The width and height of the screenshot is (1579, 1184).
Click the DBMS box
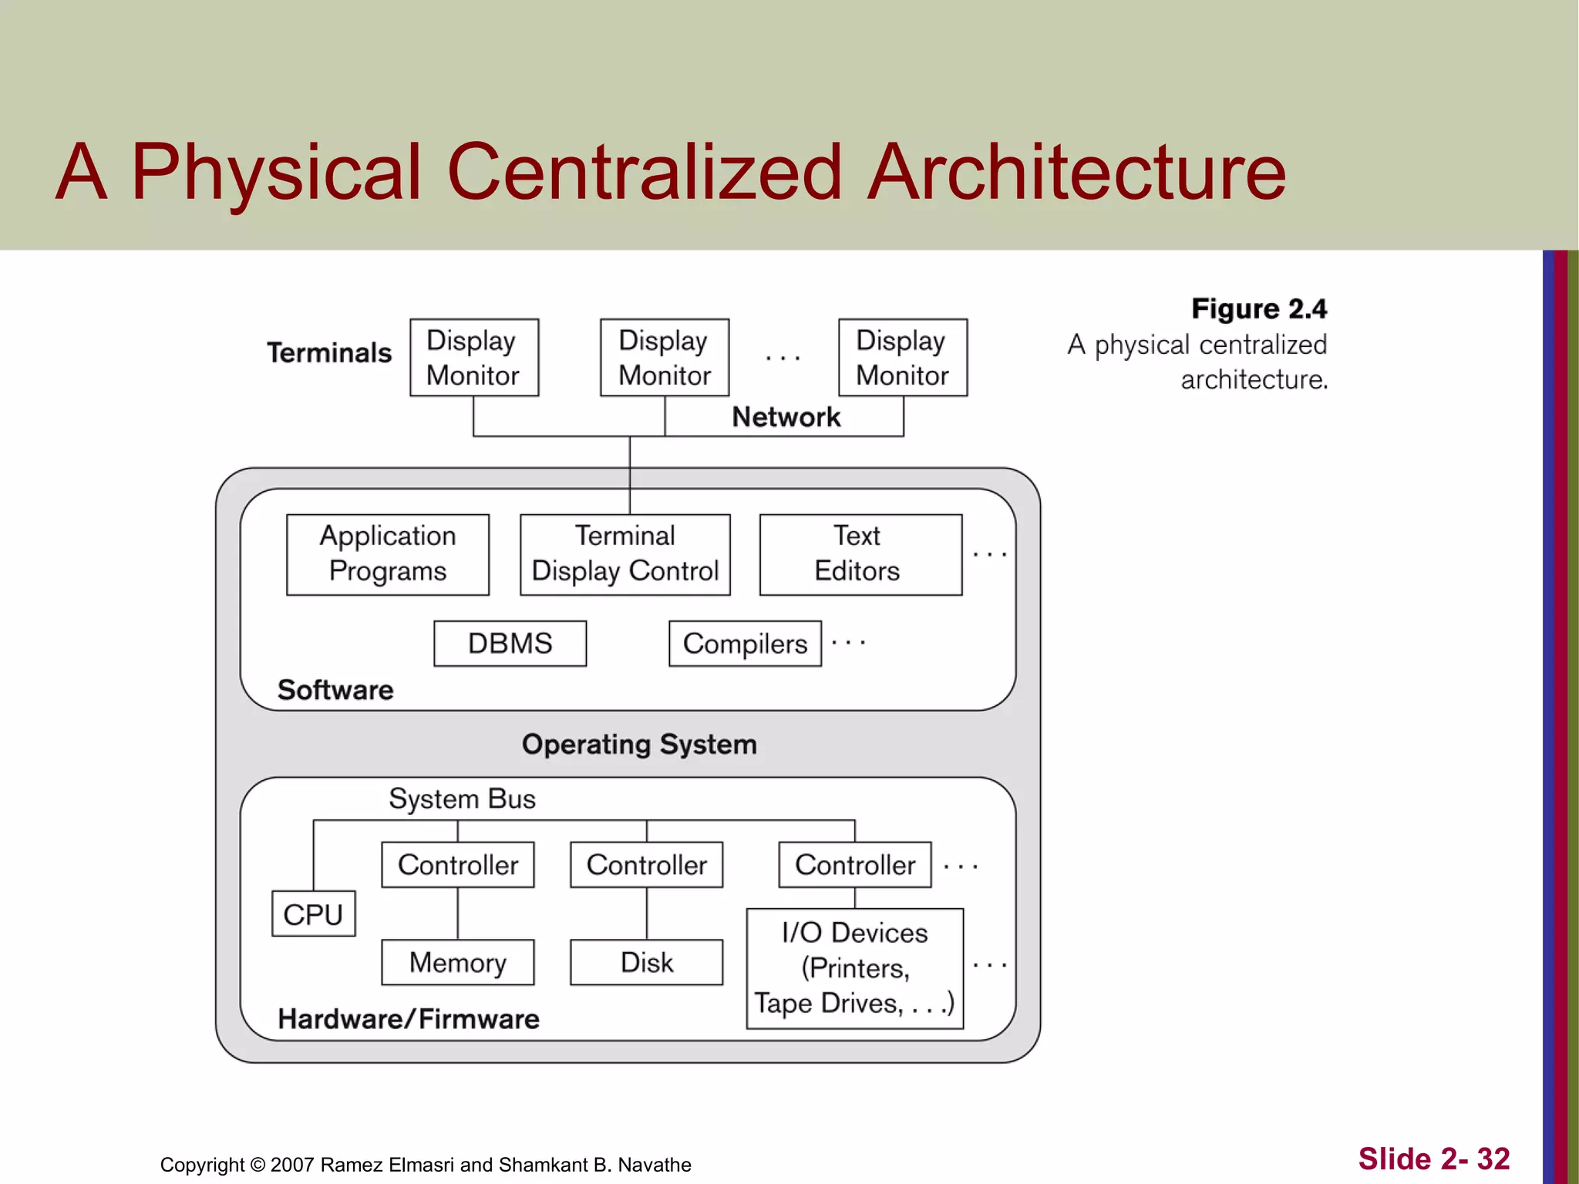510,644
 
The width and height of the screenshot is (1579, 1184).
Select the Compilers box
745,644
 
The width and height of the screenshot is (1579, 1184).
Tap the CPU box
313,914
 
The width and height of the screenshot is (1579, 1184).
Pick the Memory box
457,962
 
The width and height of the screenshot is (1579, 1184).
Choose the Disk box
646,962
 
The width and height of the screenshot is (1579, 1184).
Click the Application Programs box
387,554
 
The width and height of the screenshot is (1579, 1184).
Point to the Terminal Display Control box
625,554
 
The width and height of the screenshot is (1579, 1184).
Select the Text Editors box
860,554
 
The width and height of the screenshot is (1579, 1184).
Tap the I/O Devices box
854,968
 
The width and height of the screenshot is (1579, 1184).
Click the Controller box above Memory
457,865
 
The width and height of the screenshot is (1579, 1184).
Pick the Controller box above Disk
646,865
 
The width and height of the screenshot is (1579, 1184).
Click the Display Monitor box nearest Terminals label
473,358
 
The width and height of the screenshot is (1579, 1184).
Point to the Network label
786,417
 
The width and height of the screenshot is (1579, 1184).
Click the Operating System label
639,745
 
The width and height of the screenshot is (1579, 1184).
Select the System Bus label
462,799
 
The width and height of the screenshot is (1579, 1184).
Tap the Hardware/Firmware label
409,1019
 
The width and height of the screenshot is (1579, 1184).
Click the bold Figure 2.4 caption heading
1258,309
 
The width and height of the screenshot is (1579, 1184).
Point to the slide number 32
1493,1159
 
